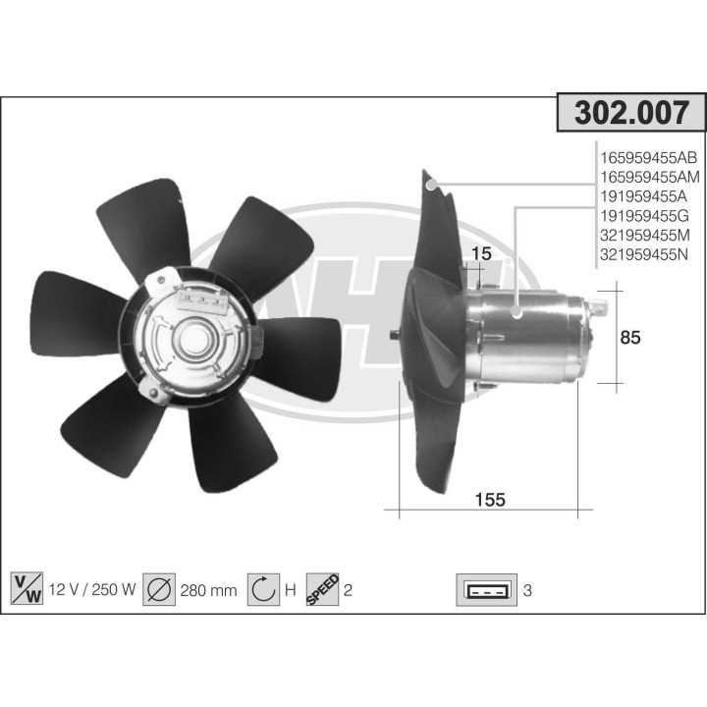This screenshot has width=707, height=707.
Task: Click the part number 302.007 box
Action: [630, 114]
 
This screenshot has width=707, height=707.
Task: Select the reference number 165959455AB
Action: [647, 157]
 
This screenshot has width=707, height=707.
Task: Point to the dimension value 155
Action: [489, 500]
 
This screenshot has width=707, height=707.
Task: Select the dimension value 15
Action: [480, 255]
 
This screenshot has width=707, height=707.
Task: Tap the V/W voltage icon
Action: [25, 589]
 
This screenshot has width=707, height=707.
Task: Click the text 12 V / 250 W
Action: [91, 590]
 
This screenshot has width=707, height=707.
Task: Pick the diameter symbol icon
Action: [159, 589]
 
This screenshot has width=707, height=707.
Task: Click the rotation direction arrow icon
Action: [262, 589]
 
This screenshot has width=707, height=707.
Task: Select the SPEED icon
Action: [322, 589]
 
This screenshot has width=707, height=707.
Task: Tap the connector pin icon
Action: [487, 590]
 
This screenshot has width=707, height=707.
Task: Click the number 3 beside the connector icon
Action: [527, 590]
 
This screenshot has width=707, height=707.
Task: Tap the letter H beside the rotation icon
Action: [290, 590]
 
